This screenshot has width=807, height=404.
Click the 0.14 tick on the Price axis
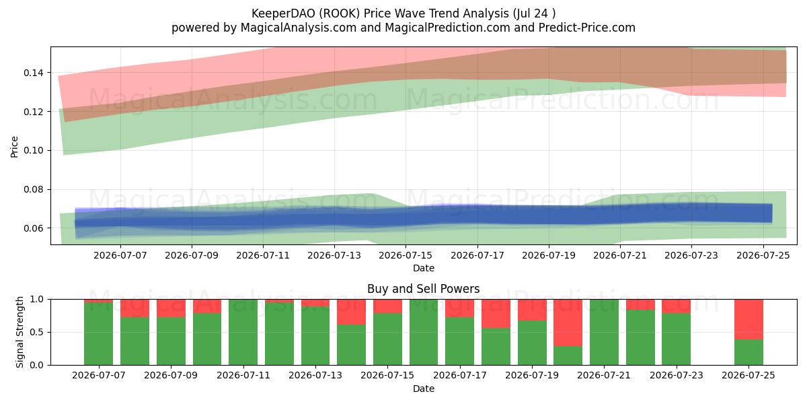33,73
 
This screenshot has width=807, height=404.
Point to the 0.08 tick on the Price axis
33,189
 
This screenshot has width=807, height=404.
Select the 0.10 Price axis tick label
33,150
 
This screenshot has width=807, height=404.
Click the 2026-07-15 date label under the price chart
406,255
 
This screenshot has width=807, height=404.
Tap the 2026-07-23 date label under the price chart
691,255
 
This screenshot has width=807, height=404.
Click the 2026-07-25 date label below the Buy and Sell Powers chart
748,375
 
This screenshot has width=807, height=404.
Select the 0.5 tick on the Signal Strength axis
36,332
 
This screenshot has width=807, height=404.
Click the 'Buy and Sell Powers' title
423,289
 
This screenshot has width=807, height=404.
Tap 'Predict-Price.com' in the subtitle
587,28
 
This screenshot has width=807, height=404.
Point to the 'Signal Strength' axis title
20,332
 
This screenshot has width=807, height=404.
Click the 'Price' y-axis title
14,147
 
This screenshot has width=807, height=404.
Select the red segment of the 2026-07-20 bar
568,323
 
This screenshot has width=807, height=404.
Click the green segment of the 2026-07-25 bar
748,352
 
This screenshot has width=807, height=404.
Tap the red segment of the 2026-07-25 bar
748,320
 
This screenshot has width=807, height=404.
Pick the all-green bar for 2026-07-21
604,332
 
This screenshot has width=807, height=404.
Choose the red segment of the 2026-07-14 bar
351,312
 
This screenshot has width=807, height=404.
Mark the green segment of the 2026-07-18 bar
496,346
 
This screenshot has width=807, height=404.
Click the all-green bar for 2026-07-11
243,332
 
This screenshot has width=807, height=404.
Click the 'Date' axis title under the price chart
423,269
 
